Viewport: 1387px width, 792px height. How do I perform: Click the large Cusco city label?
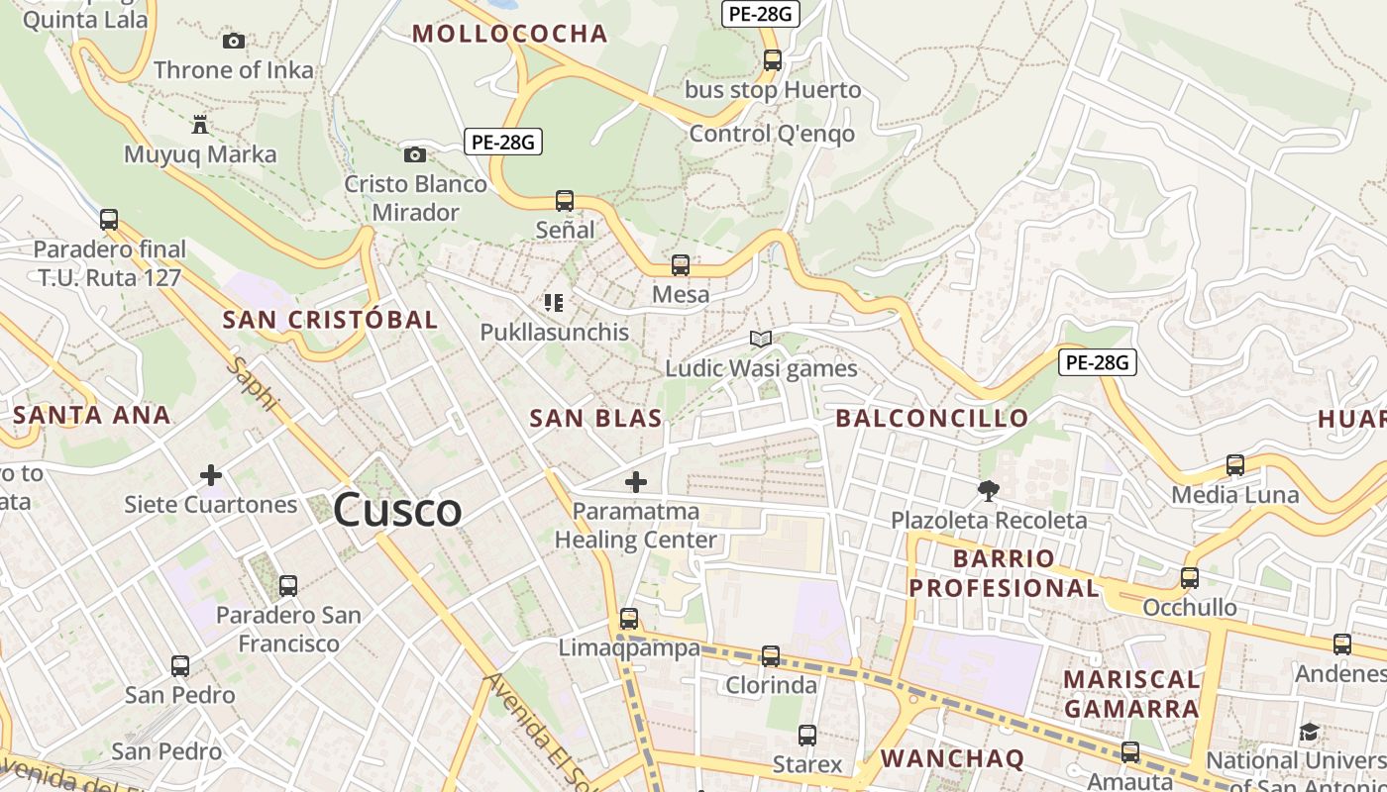click(x=397, y=511)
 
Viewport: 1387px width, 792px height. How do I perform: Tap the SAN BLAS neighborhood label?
click(x=595, y=419)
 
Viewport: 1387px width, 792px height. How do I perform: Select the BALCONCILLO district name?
click(x=932, y=419)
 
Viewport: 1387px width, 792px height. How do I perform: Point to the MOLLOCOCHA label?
click(x=509, y=34)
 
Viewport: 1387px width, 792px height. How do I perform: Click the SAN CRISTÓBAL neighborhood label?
click(x=330, y=320)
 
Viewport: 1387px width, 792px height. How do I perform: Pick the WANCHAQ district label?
click(x=952, y=759)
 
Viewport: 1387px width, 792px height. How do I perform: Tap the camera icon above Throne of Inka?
click(x=234, y=41)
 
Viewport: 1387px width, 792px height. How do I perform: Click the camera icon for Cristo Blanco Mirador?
click(x=415, y=154)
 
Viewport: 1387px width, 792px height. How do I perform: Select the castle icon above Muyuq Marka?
click(x=200, y=125)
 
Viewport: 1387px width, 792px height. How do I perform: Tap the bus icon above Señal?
click(x=565, y=201)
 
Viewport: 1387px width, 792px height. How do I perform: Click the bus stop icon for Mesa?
click(x=681, y=265)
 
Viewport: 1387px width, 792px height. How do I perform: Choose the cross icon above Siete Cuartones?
click(x=211, y=475)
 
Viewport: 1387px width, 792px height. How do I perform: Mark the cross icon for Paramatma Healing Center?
click(x=636, y=483)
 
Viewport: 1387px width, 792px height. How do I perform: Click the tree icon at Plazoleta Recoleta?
click(x=988, y=490)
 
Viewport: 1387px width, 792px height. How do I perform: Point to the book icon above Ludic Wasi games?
click(x=761, y=340)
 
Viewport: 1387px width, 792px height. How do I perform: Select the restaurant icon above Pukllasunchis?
click(x=554, y=303)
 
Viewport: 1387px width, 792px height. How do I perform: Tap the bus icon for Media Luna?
click(x=1235, y=464)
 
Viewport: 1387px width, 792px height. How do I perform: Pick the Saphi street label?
click(x=254, y=386)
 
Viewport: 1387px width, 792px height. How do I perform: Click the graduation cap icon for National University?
click(x=1309, y=733)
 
